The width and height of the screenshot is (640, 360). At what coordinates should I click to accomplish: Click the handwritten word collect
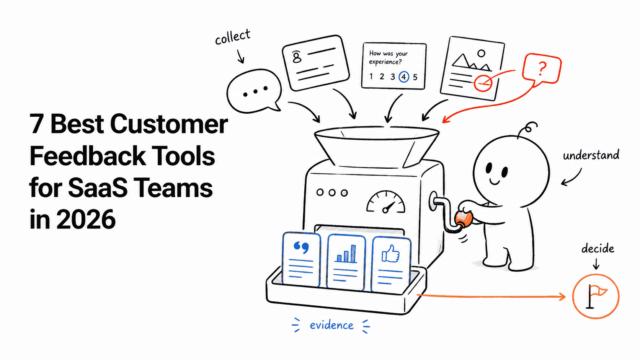coord(233,37)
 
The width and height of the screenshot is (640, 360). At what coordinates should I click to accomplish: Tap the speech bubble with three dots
coord(254,91)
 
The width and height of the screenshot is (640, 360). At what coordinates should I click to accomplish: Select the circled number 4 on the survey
coord(404,77)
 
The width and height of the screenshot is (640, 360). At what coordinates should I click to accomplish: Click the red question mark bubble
coord(541,70)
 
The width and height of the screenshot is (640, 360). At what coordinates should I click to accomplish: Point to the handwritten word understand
coord(591,155)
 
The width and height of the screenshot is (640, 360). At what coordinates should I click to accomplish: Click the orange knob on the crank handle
coord(464,219)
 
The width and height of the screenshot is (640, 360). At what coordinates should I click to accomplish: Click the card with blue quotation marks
coord(301,259)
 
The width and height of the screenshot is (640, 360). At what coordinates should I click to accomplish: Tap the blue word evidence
coord(331,325)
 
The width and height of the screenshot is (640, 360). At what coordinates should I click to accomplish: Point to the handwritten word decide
coord(598,248)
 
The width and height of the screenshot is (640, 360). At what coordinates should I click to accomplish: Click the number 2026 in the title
coord(86,219)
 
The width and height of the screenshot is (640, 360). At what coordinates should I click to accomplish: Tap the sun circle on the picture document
coord(482,53)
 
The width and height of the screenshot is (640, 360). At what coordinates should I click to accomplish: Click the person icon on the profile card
coord(297,57)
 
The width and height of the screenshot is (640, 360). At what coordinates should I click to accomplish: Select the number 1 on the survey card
coord(371,76)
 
